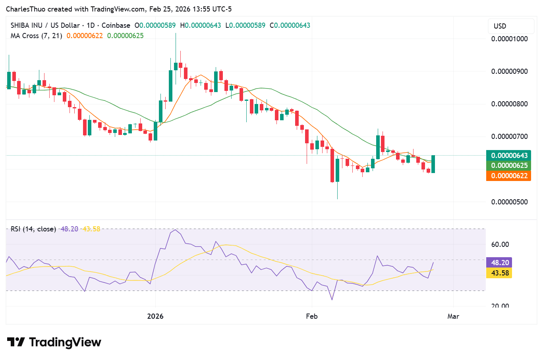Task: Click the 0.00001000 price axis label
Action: pyautogui.click(x=509, y=39)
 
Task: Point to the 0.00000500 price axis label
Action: pyautogui.click(x=509, y=202)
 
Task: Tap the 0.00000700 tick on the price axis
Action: pyautogui.click(x=509, y=137)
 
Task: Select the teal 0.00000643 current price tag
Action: pyautogui.click(x=509, y=156)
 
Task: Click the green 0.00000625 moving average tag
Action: pyautogui.click(x=509, y=166)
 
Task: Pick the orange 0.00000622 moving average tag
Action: pyautogui.click(x=509, y=176)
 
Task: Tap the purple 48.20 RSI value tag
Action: pyautogui.click(x=500, y=263)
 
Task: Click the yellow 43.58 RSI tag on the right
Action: pyautogui.click(x=500, y=273)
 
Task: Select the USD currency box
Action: pyautogui.click(x=500, y=26)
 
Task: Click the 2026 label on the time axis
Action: pyautogui.click(x=155, y=316)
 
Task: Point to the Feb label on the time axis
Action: pyautogui.click(x=312, y=316)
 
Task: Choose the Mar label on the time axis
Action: pyautogui.click(x=453, y=316)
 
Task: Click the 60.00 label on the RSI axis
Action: pyautogui.click(x=500, y=244)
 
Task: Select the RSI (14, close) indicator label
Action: pyautogui.click(x=33, y=229)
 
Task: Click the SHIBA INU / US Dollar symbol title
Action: pyautogui.click(x=45, y=25)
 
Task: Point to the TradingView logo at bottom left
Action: pyautogui.click(x=54, y=342)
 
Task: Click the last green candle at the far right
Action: pyautogui.click(x=433, y=164)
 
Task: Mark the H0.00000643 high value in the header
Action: pyautogui.click(x=201, y=25)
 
